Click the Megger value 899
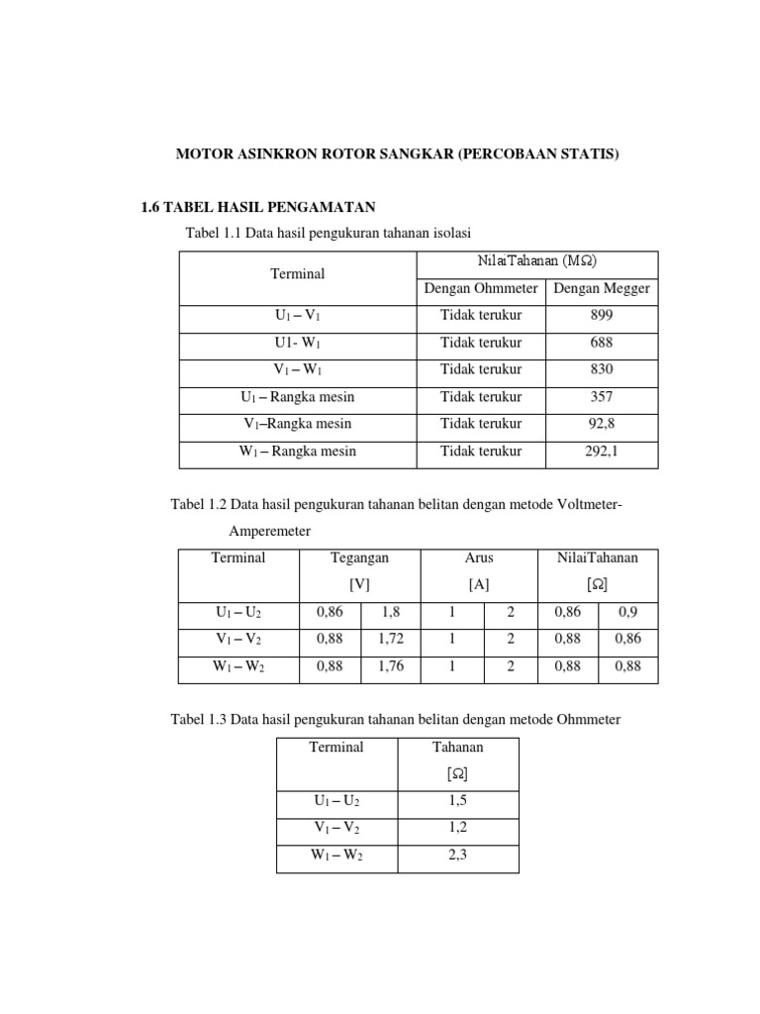tap(601, 316)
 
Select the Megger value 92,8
tap(601, 424)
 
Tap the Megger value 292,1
tap(601, 452)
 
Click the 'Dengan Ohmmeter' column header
tap(481, 289)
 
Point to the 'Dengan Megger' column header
tap(601, 289)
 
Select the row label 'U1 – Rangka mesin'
tap(298, 397)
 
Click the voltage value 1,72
tap(391, 640)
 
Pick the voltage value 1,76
tap(391, 666)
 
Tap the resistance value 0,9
tap(627, 613)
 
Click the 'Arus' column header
tap(479, 558)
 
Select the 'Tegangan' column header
tap(359, 558)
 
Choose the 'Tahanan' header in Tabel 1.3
tap(457, 748)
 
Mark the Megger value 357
tap(601, 397)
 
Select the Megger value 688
tap(601, 343)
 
